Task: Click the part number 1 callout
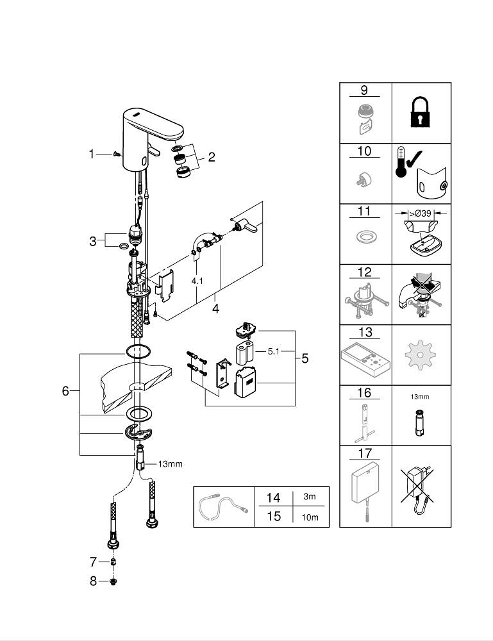click(91, 154)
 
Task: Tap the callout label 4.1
click(196, 280)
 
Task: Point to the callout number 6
click(65, 391)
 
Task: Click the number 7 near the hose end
click(94, 562)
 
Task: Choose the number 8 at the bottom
click(94, 581)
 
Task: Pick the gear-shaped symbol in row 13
click(421, 354)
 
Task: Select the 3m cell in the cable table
click(309, 496)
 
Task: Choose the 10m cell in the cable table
click(310, 517)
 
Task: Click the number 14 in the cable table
click(273, 497)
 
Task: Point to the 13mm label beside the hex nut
click(170, 463)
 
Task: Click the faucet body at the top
click(149, 135)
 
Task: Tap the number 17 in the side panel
click(365, 453)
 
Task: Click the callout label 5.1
click(274, 351)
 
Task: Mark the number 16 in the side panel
click(365, 393)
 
